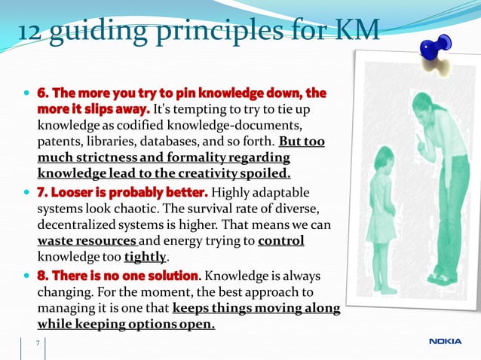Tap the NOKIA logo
coord(446,342)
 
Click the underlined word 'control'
coord(280,241)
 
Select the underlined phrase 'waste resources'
coord(75,241)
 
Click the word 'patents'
coord(58,142)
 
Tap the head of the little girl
coord(382,160)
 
